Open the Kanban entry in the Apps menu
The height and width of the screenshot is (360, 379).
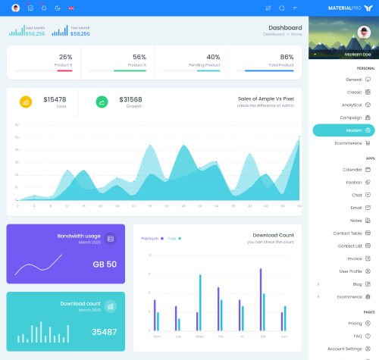354,182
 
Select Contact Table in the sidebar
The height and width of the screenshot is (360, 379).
347,233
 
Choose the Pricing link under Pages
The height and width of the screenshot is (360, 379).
355,323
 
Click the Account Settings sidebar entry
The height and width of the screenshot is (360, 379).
345,349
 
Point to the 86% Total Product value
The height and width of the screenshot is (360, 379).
287,57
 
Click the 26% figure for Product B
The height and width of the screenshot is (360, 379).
65,57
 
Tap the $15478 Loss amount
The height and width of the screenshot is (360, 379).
55,99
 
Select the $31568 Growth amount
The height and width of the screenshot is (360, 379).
130,99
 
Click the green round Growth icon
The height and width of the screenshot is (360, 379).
102,102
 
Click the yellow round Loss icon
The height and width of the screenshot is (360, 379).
26,102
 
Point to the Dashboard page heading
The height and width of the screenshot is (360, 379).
285,27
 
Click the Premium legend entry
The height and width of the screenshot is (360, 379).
150,238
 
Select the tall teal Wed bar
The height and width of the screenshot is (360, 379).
200,302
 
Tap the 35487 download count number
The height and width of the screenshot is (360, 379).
104,331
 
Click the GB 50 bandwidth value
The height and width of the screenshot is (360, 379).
105,264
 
